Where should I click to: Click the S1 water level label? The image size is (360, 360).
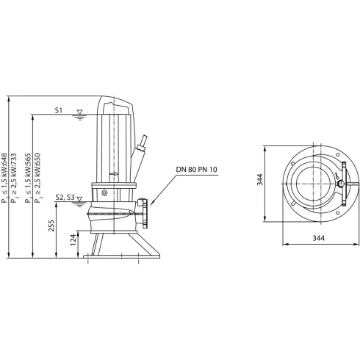[60, 110]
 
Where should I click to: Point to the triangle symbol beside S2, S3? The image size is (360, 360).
[82, 198]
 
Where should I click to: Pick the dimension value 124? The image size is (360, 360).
[72, 241]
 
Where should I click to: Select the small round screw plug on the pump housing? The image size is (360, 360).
[104, 192]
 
